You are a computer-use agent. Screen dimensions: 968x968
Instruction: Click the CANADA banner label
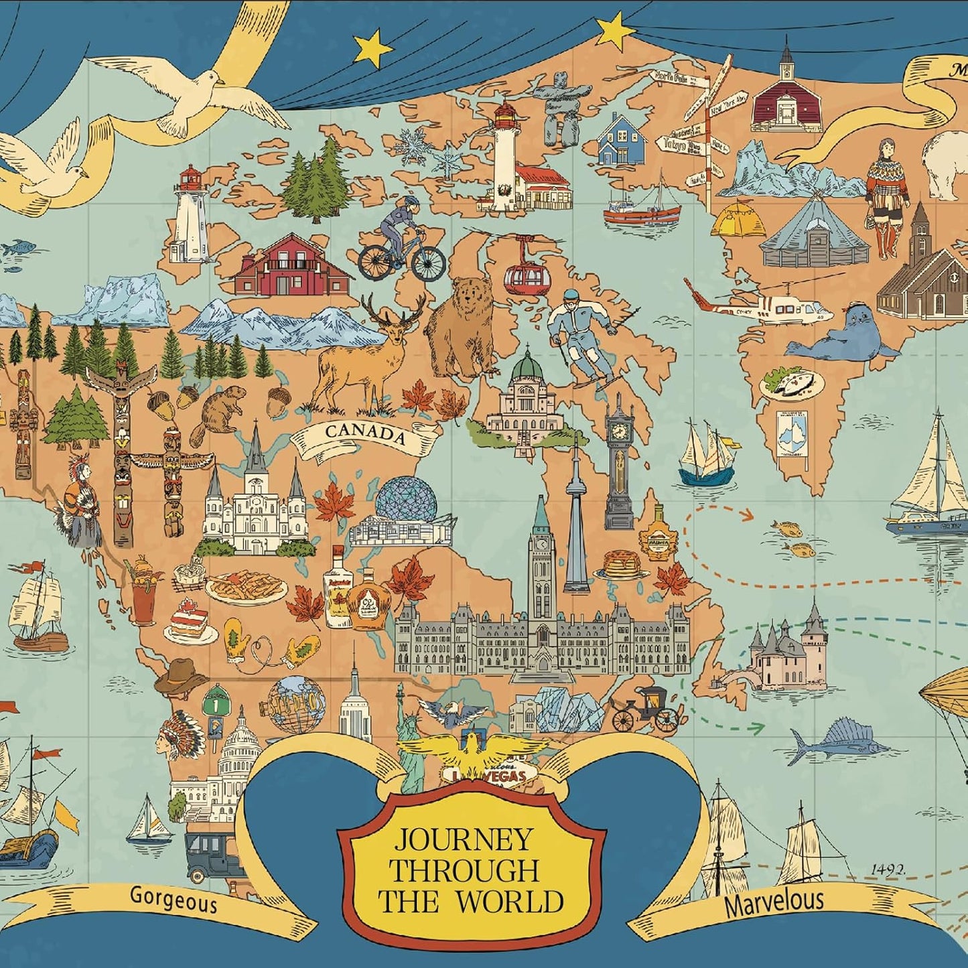(366, 433)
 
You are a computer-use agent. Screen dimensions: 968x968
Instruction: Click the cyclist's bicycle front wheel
(429, 263)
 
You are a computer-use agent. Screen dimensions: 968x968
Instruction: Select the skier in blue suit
(579, 335)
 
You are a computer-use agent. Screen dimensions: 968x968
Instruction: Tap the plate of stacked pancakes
(624, 564)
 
